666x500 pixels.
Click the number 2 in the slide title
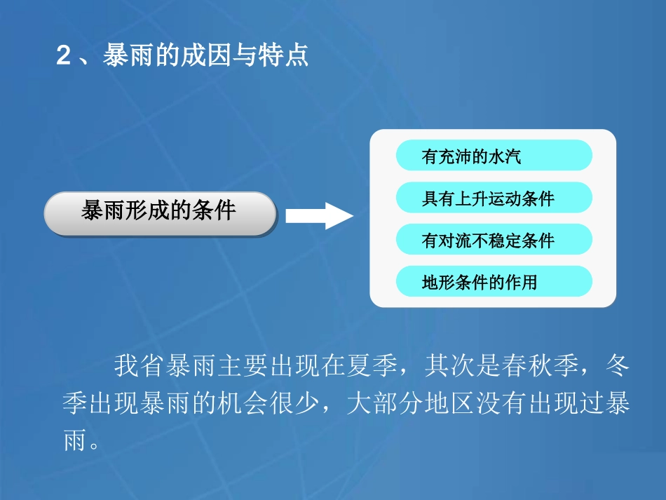click(x=64, y=57)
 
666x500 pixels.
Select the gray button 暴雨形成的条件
click(x=160, y=212)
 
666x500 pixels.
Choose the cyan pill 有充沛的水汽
click(x=494, y=156)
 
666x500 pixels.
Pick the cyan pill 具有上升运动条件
click(x=494, y=198)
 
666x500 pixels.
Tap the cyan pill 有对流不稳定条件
click(x=494, y=240)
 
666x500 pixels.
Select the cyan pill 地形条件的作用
click(x=494, y=282)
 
